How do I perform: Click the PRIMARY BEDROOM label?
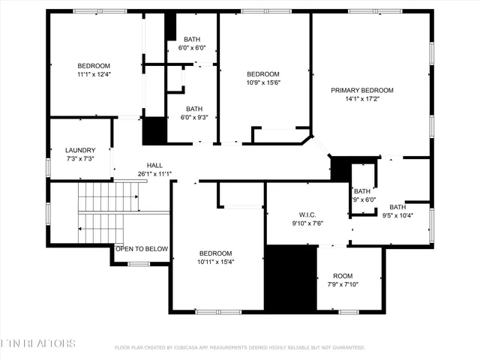(x=362, y=90)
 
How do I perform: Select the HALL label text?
(x=154, y=165)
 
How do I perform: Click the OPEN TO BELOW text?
(x=142, y=249)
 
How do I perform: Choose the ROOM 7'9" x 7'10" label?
(x=343, y=275)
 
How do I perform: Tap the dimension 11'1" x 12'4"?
(x=94, y=74)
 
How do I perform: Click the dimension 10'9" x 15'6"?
(x=263, y=82)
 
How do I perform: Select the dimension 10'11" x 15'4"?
(x=215, y=262)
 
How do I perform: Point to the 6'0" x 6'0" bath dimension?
(x=193, y=48)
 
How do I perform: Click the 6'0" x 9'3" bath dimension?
(x=194, y=117)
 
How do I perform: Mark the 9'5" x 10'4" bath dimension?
(x=397, y=215)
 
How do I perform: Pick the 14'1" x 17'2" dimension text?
(x=362, y=98)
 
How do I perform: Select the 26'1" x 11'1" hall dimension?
(x=154, y=174)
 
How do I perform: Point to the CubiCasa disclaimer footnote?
(x=239, y=347)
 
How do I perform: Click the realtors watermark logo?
(x=37, y=343)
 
